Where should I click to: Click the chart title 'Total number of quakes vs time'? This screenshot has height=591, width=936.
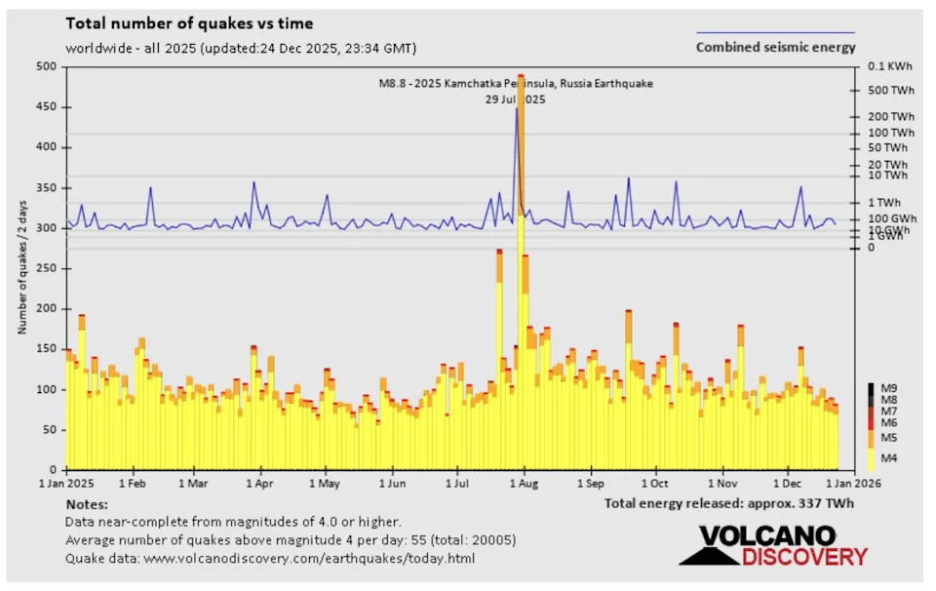coord(189,23)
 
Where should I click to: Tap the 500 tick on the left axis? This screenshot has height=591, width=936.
coord(46,66)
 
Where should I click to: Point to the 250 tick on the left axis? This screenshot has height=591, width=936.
coord(46,268)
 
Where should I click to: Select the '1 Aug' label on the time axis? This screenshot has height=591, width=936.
coord(524,483)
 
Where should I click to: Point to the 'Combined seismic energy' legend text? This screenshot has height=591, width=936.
coord(775,47)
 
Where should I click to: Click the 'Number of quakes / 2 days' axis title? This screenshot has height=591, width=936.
coord(21,267)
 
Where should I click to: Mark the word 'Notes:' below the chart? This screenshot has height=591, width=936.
coord(87,504)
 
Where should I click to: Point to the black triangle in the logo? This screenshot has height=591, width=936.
coord(709,553)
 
